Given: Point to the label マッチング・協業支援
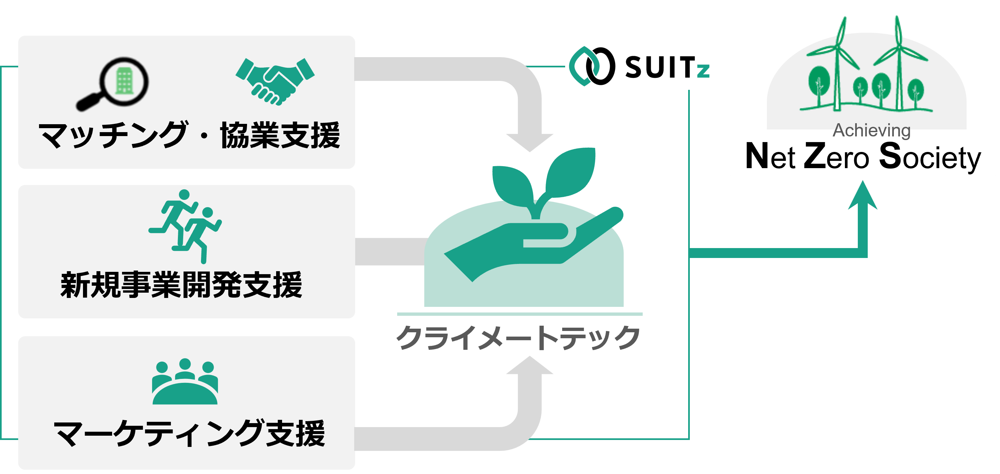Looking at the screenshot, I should tap(189, 135).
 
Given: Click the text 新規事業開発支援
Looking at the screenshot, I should tap(181, 285).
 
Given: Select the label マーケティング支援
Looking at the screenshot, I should tap(189, 433).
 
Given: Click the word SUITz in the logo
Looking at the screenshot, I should tap(667, 67).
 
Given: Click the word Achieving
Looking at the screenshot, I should tap(871, 131).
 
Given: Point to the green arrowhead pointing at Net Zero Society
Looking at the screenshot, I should tap(862, 196).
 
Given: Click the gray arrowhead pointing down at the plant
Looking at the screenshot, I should tap(529, 142).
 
